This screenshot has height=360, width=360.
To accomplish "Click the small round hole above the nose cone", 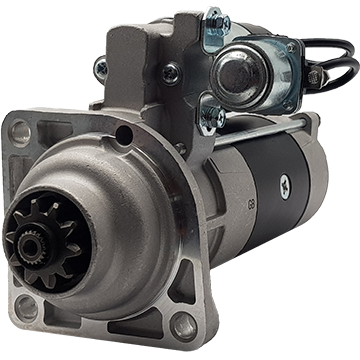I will point(123,135).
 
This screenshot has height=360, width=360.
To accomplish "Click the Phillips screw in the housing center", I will point(171,72).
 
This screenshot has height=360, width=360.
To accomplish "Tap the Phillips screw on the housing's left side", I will point(101,68).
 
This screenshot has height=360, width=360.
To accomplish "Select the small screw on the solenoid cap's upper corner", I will point(291,46).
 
